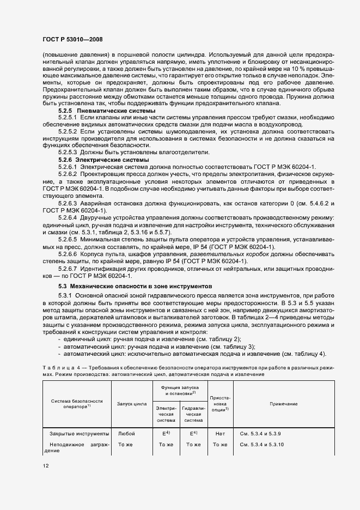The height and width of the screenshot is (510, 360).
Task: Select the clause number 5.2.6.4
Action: tap(69, 217)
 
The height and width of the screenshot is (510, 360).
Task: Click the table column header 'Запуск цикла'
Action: tap(131, 404)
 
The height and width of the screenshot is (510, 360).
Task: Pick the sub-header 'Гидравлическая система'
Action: tap(193, 414)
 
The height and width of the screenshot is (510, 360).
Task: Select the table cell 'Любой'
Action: tap(126, 433)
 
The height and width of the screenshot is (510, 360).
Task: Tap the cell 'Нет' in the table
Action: tap(220, 433)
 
